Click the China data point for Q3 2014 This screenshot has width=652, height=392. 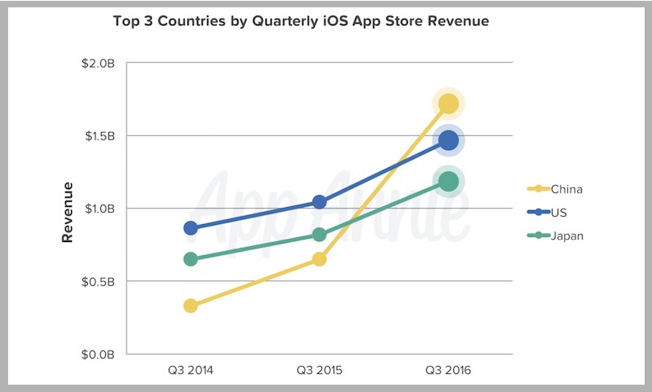tap(190, 306)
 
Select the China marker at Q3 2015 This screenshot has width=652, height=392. tap(319, 259)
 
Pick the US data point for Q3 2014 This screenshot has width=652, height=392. tap(190, 228)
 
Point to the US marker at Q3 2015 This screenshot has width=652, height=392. tap(319, 202)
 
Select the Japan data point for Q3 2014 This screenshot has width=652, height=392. tap(190, 259)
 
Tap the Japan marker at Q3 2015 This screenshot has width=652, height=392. tap(319, 235)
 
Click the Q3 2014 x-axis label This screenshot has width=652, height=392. tap(190, 371)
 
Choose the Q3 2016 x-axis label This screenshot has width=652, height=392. tap(448, 371)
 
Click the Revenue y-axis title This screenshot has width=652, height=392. tap(69, 212)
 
